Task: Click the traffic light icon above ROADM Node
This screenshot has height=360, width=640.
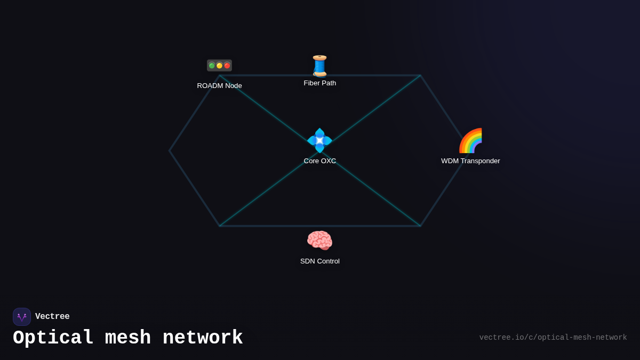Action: (219, 66)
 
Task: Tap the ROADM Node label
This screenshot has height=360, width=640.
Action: (219, 86)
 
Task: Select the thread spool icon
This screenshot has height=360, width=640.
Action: (320, 66)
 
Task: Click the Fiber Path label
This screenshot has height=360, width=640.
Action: (320, 83)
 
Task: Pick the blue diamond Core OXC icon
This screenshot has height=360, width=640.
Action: (320, 141)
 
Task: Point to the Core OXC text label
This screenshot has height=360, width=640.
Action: (320, 161)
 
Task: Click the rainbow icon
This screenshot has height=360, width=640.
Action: (470, 141)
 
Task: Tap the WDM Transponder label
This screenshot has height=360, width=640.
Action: (470, 161)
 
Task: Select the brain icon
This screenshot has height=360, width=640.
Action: (320, 241)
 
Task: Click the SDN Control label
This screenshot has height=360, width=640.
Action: (320, 261)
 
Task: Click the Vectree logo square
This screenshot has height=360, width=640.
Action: (22, 317)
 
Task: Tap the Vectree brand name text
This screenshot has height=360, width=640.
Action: (52, 317)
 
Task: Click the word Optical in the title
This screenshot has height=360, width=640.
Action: (53, 338)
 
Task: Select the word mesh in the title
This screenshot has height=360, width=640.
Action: (128, 338)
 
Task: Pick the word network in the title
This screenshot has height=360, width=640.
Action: (203, 338)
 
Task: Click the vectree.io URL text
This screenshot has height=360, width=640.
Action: (553, 338)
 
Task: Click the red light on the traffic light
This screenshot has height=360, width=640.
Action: (227, 66)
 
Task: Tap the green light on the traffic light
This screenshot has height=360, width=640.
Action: (212, 66)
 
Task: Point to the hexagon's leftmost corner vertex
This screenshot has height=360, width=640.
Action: (170, 151)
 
